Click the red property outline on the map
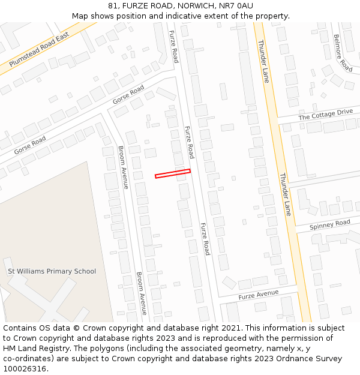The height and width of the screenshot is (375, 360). click(x=173, y=173)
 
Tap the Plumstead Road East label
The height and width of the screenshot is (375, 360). click(x=40, y=49)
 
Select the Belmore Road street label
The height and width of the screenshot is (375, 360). click(x=343, y=53)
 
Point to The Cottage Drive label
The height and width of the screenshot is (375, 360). click(x=325, y=114)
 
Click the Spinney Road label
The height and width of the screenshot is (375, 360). click(x=330, y=225)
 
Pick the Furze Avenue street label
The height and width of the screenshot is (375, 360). click(x=259, y=295)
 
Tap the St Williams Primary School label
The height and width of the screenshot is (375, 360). click(x=52, y=271)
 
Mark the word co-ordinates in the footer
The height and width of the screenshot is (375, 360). click(x=27, y=359)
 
